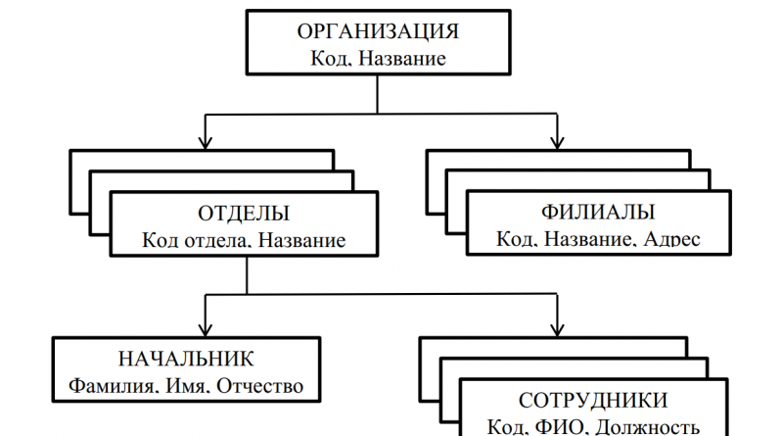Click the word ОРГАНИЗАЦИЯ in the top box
point(378,31)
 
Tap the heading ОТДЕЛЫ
point(243,213)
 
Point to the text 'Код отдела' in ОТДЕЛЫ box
point(189,240)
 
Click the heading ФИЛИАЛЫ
point(597,213)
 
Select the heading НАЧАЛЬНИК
point(186,359)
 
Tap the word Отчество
point(261,386)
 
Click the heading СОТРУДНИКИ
point(592,400)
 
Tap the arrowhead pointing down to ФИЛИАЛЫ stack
point(558,142)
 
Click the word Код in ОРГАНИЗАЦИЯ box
point(327,59)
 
